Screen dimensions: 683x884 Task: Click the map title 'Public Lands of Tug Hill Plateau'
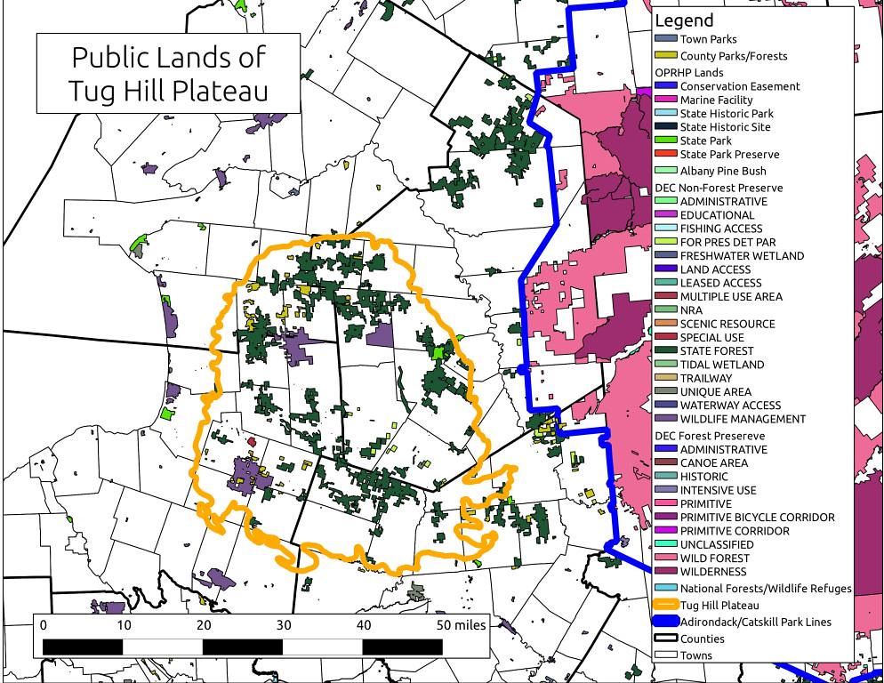(x=168, y=73)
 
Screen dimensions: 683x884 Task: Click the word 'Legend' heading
(x=683, y=20)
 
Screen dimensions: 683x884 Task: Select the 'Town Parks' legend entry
(x=708, y=39)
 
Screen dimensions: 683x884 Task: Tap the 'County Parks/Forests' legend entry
(x=733, y=56)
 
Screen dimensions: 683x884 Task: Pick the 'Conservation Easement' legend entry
(x=739, y=86)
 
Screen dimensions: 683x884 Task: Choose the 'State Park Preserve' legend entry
(x=729, y=154)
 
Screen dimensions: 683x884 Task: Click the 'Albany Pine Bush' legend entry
(x=722, y=171)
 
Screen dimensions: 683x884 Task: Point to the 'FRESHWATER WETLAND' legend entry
(x=742, y=255)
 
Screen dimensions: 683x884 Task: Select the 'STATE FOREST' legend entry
(x=717, y=350)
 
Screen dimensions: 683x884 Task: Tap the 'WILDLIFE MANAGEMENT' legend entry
(x=743, y=419)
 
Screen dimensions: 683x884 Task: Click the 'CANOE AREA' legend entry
(x=713, y=462)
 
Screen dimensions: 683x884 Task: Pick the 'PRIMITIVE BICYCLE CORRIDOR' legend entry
(x=757, y=517)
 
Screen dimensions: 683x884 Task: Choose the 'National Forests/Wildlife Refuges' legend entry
(x=765, y=588)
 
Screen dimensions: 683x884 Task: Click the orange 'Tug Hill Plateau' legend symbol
(x=665, y=605)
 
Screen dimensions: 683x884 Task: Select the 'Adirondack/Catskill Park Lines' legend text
(x=755, y=622)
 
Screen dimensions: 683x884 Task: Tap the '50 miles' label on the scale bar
(x=461, y=625)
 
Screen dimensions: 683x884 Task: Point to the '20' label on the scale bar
(x=204, y=625)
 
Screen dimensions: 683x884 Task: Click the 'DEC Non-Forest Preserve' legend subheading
(x=719, y=188)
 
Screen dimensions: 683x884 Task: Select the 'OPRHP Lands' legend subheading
(x=688, y=72)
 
